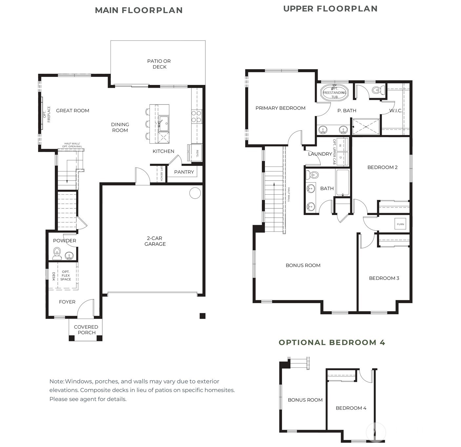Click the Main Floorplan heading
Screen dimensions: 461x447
tap(139, 10)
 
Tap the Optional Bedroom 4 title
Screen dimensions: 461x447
tap(332, 342)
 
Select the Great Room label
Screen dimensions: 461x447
tap(72, 110)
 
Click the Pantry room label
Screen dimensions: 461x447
tap(184, 172)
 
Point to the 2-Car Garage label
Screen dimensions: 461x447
tap(155, 241)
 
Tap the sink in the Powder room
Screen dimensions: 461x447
tap(69, 256)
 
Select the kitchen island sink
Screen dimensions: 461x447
tap(164, 123)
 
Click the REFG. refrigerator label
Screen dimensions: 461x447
tap(197, 153)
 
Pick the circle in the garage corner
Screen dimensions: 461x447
tap(195, 193)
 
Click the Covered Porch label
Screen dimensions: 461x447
tap(86, 330)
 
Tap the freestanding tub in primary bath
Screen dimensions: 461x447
tap(334, 92)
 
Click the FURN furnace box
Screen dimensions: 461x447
tap(400, 224)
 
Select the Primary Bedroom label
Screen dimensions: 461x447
tap(280, 108)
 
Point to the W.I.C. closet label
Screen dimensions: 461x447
tap(396, 110)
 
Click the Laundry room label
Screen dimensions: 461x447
tap(320, 154)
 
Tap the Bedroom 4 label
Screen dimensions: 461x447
tap(351, 408)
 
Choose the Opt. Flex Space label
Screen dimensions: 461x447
tap(66, 275)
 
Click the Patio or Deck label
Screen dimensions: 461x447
tap(159, 64)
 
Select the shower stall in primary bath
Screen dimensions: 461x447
tap(366, 127)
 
